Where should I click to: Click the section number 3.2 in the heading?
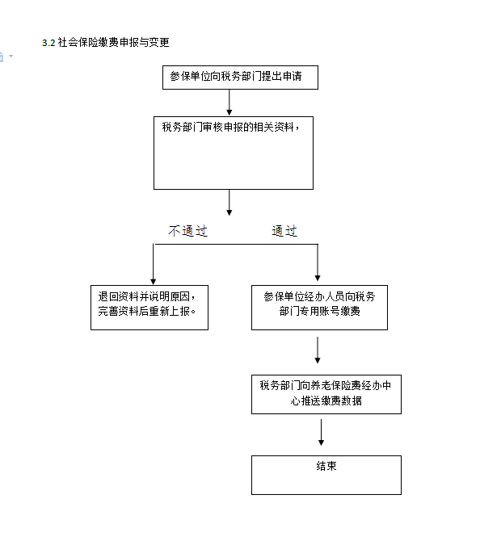coord(48,43)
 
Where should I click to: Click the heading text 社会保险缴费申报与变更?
coord(114,42)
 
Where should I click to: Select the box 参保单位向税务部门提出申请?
coord(240,78)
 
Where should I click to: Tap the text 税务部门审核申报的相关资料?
coord(230,127)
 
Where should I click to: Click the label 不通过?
coord(187,231)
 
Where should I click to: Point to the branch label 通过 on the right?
coord(284,231)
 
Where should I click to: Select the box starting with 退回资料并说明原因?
coord(149,308)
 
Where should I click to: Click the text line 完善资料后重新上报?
coord(147,311)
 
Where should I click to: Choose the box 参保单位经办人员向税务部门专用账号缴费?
coord(319,308)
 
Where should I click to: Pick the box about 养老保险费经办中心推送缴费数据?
coord(326,394)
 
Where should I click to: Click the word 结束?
coord(326,466)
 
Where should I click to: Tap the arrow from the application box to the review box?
coord(229,103)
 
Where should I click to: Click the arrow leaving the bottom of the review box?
coord(229,203)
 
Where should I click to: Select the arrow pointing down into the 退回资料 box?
coord(154,264)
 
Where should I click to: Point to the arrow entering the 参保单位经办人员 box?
coord(318,262)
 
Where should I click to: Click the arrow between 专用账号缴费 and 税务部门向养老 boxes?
coord(318,350)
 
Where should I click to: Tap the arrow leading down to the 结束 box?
coord(321,432)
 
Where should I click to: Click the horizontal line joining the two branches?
coord(235,245)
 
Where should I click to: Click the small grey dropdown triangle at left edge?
coord(11,56)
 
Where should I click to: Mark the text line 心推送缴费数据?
coord(326,401)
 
